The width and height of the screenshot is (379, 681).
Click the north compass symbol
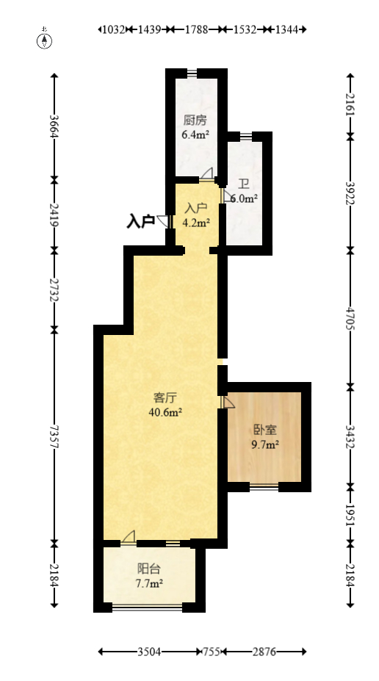coord(44,39)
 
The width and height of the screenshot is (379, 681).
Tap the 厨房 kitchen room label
coord(195,120)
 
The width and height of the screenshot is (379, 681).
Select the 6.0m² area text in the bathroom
coord(245,199)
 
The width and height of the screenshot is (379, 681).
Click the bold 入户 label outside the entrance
coord(141,222)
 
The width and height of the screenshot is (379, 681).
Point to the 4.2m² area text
coord(196,223)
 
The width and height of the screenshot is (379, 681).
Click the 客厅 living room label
coord(165,397)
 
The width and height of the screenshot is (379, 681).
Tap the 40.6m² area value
coord(165,412)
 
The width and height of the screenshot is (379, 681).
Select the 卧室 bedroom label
coord(265,430)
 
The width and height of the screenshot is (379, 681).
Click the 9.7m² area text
coord(265,444)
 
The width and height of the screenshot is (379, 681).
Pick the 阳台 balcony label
coord(149,569)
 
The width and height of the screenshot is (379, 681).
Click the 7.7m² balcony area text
coord(149,584)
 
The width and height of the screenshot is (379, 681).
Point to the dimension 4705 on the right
coord(350,318)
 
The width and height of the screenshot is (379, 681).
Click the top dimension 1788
coord(196,29)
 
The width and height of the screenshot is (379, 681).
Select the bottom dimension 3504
coord(149,652)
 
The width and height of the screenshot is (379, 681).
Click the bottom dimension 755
coord(213,652)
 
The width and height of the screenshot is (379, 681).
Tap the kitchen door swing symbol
coord(207,173)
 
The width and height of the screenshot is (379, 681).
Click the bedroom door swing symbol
coord(228,402)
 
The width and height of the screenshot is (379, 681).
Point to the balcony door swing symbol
coord(129,537)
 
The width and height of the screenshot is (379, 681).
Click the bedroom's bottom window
coord(264,487)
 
